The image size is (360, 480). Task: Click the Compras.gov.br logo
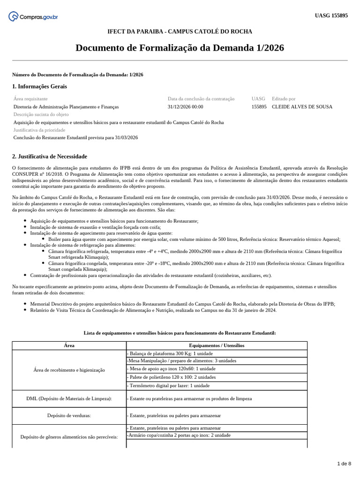click(x=33, y=17)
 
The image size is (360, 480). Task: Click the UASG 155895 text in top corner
click(x=331, y=15)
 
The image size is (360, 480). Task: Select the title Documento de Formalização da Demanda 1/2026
click(x=180, y=48)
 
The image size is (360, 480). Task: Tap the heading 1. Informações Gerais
click(x=39, y=87)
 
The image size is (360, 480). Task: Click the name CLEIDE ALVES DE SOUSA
click(x=302, y=107)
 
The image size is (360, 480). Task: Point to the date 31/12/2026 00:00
click(x=185, y=107)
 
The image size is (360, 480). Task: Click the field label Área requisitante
click(x=30, y=99)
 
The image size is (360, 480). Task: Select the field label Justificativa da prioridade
click(x=39, y=130)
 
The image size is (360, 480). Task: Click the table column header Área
click(x=69, y=345)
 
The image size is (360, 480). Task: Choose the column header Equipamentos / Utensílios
click(x=217, y=345)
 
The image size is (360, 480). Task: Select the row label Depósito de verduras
click(x=69, y=415)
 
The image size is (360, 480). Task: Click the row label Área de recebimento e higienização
click(x=69, y=370)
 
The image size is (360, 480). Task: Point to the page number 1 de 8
click(x=344, y=464)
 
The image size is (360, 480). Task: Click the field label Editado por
click(x=284, y=99)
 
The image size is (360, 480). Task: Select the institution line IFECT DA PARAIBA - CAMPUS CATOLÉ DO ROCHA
click(x=180, y=31)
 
